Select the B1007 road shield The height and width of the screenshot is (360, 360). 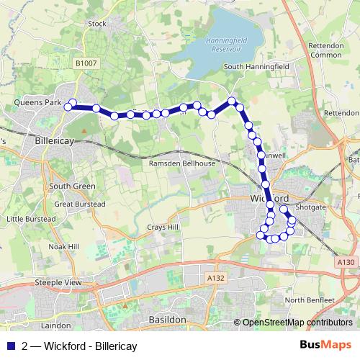pyautogui.click(x=86, y=64)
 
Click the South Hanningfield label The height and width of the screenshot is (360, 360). pyautogui.click(x=257, y=67)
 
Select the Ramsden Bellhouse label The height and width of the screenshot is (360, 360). pyautogui.click(x=181, y=163)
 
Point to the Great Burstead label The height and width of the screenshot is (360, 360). pyautogui.click(x=80, y=204)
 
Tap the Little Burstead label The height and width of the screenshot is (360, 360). pyautogui.click(x=30, y=218)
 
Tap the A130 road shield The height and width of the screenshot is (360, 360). pyautogui.click(x=346, y=264)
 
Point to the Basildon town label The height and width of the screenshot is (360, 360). pyautogui.click(x=167, y=318)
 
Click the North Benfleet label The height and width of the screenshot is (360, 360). pyautogui.click(x=310, y=300)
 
